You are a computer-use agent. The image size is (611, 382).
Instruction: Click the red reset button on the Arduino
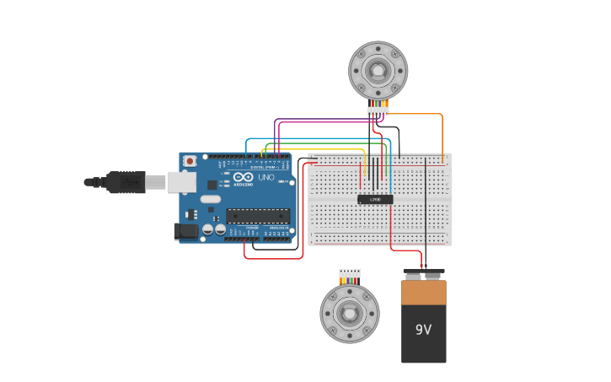(x=190, y=160)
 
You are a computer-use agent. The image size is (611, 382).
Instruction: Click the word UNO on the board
(x=264, y=178)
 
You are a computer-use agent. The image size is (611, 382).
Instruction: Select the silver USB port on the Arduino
(x=179, y=181)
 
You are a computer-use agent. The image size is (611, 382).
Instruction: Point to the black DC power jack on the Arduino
(x=186, y=230)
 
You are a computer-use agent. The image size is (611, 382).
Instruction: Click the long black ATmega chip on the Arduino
(x=258, y=216)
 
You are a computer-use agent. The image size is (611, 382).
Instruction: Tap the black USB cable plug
(x=126, y=181)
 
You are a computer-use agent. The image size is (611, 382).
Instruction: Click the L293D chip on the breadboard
(x=375, y=199)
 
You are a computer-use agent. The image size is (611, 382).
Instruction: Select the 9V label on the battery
(x=423, y=330)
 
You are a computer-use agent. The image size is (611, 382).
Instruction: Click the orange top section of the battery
(x=423, y=293)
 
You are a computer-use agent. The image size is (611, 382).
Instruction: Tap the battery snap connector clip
(x=424, y=274)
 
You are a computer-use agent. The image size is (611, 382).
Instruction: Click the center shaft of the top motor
(x=378, y=71)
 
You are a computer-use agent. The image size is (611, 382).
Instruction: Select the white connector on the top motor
(x=378, y=110)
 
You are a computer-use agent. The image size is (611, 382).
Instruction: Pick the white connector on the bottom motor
(x=350, y=273)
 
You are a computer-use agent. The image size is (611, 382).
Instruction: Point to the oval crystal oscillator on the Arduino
(x=210, y=199)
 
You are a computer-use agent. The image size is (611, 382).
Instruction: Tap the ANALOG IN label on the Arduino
(x=277, y=228)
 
